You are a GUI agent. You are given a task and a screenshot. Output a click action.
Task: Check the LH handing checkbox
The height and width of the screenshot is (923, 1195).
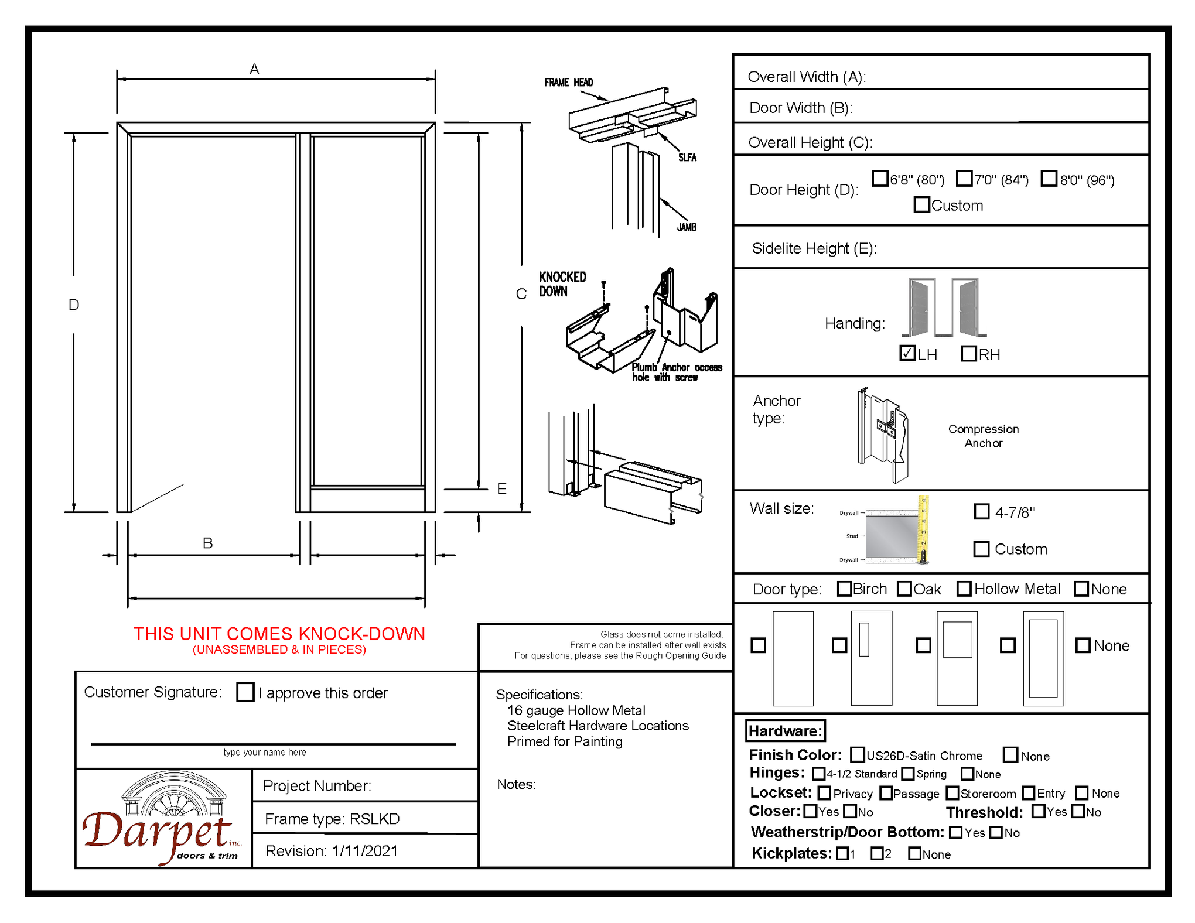pyautogui.click(x=907, y=353)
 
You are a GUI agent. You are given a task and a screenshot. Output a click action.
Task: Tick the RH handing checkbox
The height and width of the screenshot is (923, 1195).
pyautogui.click(x=969, y=354)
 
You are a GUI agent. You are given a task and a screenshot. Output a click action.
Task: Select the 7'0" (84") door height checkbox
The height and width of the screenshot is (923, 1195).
pyautogui.click(x=964, y=178)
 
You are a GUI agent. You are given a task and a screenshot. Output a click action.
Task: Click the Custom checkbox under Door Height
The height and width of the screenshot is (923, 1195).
pyautogui.click(x=921, y=204)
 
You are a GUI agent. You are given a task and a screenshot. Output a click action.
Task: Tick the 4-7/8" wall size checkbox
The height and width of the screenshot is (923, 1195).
pyautogui.click(x=981, y=511)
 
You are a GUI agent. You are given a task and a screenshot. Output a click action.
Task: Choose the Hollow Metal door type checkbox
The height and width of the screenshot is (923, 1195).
pyautogui.click(x=964, y=589)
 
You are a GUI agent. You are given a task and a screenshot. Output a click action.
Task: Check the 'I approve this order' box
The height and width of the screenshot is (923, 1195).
pyautogui.click(x=245, y=692)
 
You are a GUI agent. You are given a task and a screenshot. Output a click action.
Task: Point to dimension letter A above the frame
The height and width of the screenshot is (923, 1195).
pyautogui.click(x=254, y=69)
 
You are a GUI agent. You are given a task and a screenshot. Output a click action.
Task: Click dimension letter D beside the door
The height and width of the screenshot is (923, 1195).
pyautogui.click(x=74, y=305)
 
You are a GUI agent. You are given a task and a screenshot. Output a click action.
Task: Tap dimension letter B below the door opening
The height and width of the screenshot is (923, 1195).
pyautogui.click(x=207, y=543)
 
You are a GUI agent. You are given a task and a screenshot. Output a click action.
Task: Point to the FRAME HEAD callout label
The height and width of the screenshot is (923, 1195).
pyautogui.click(x=568, y=83)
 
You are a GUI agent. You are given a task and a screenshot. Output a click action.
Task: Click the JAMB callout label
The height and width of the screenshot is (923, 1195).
pyautogui.click(x=687, y=227)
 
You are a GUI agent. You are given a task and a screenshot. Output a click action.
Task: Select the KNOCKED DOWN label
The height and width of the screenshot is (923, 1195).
pyautogui.click(x=562, y=284)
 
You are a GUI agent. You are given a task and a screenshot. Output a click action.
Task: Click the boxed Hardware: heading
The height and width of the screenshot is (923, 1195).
pyautogui.click(x=786, y=731)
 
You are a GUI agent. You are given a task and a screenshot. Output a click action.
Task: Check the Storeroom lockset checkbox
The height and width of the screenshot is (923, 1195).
pyautogui.click(x=952, y=793)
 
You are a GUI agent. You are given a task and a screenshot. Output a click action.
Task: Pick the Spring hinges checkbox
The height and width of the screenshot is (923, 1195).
pyautogui.click(x=908, y=774)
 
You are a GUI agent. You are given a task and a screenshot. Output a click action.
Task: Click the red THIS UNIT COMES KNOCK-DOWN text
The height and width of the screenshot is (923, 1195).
pyautogui.click(x=279, y=634)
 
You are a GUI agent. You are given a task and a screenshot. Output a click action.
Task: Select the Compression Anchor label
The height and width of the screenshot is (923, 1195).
pyautogui.click(x=984, y=436)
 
